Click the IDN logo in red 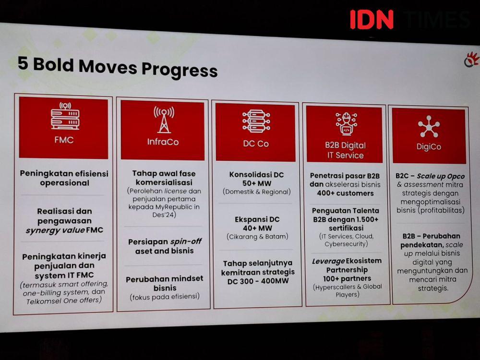(372, 20)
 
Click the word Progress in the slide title (180, 70)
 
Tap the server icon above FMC (65, 116)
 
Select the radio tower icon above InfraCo (164, 120)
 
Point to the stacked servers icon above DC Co (256, 121)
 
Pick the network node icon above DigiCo (429, 126)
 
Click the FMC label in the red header (64, 140)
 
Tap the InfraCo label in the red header (163, 142)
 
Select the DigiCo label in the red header (429, 146)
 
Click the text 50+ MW (257, 183)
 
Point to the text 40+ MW (257, 228)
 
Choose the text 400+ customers (345, 193)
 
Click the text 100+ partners (347, 278)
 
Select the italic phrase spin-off (186, 241)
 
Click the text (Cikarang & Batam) (257, 237)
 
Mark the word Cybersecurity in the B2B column (346, 244)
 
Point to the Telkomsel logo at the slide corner (471, 59)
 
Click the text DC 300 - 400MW (258, 281)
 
